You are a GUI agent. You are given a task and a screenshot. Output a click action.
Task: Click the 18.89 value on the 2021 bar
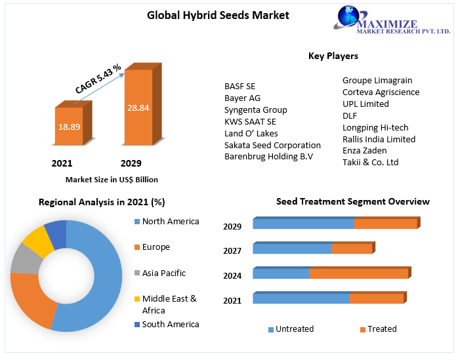[x=70, y=127]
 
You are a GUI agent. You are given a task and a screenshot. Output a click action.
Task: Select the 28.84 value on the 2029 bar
[x=138, y=108]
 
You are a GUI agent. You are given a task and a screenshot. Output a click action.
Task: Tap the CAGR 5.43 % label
[x=98, y=79]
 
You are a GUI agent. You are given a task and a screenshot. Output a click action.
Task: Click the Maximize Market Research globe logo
[x=348, y=16]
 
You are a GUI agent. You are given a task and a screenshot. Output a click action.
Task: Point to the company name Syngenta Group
[x=256, y=110]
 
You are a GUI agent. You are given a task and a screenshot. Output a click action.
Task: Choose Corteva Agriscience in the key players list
[x=381, y=92]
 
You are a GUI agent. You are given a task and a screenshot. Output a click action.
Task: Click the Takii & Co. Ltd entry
[x=370, y=163]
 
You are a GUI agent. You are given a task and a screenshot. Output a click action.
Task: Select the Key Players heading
[x=333, y=56]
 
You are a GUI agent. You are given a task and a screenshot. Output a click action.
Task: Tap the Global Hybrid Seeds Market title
[x=218, y=15]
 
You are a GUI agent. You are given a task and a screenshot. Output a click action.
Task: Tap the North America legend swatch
[x=137, y=222]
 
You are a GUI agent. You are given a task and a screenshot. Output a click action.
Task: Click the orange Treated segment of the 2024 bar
[x=359, y=273]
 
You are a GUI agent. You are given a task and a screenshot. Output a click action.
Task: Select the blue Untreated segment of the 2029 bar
[x=304, y=224]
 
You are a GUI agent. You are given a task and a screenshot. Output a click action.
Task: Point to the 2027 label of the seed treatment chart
[x=232, y=250]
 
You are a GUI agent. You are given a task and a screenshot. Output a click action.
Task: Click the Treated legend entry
[x=379, y=329]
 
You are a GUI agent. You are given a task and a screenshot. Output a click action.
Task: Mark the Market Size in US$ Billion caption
[x=112, y=180]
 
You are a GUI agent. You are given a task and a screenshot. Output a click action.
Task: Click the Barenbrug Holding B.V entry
[x=269, y=157]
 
